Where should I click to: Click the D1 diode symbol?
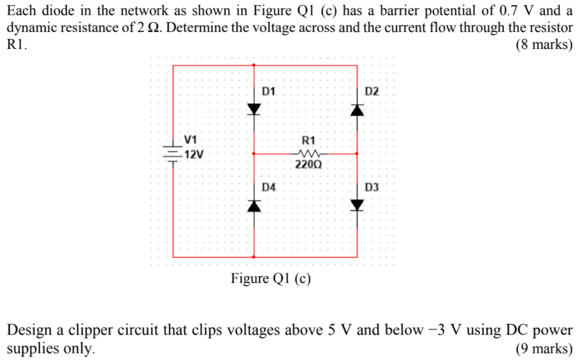[x=255, y=109]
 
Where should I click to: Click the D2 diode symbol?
[x=357, y=110]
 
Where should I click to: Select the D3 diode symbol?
[x=357, y=205]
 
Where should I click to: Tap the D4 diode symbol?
[x=255, y=205]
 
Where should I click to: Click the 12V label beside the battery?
[x=194, y=154]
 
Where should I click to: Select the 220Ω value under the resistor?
[x=308, y=164]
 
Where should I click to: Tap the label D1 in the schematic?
[x=269, y=91]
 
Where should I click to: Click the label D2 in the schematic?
[x=372, y=91]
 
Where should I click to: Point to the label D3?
[x=372, y=187]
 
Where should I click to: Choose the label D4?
[x=269, y=187]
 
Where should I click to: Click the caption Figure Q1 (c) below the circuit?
[x=271, y=279]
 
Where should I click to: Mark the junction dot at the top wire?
[x=255, y=65]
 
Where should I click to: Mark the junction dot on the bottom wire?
[x=255, y=257]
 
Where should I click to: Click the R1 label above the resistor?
[x=308, y=140]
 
